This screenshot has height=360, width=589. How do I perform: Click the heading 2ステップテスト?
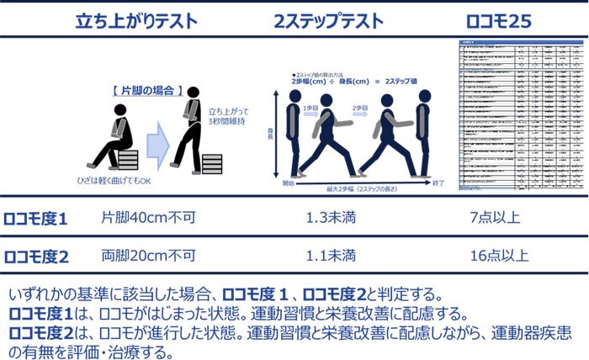[x=329, y=21]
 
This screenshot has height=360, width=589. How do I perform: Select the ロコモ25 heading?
[x=501, y=21]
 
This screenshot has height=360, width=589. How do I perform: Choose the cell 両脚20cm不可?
[x=148, y=255]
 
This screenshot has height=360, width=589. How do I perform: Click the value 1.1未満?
[x=329, y=255]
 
